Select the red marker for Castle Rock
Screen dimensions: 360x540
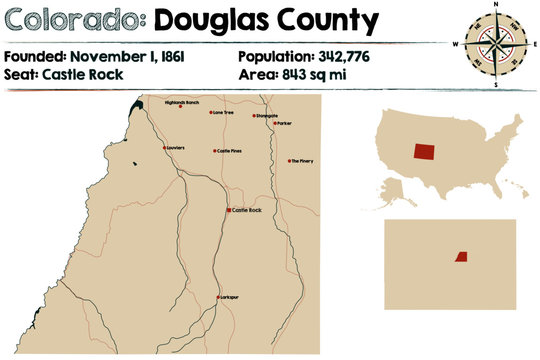coord(229,210)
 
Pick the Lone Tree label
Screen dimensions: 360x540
coord(223,113)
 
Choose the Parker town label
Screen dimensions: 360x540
coord(283,124)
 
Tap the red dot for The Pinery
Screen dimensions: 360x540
coord(289,161)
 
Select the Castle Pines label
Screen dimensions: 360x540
coord(230,151)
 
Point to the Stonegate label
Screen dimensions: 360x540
coord(266,115)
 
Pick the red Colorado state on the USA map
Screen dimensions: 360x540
coord(425,150)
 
